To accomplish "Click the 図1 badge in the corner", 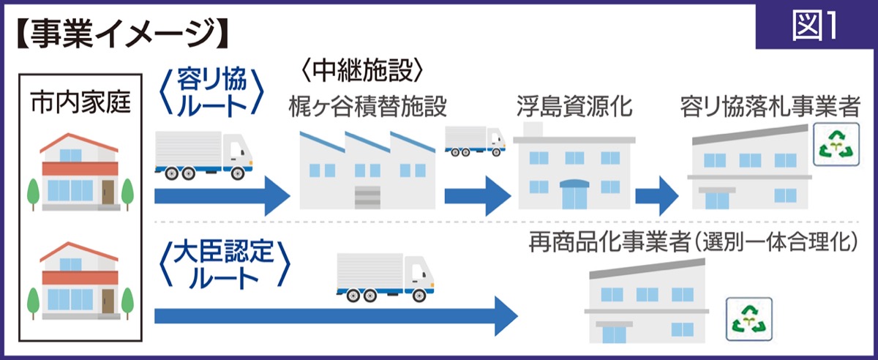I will click(814, 27).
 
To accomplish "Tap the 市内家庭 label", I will click(80, 105).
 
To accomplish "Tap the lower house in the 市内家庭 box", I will click(80, 282).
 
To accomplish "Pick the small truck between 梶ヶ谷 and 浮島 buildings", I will click(475, 140).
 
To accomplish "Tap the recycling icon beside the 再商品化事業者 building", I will click(748, 318).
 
